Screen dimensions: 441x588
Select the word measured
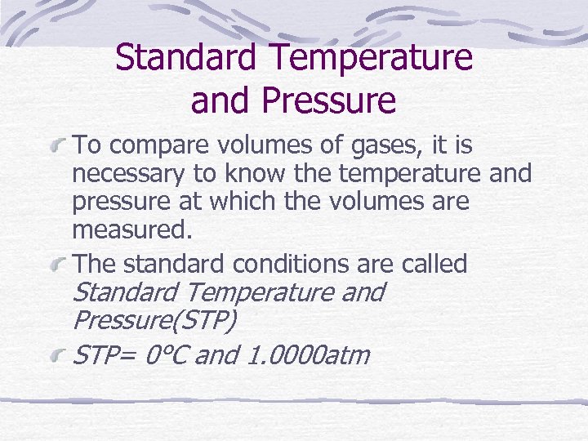pos(132,229)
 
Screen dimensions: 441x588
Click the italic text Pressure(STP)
pos(154,320)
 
